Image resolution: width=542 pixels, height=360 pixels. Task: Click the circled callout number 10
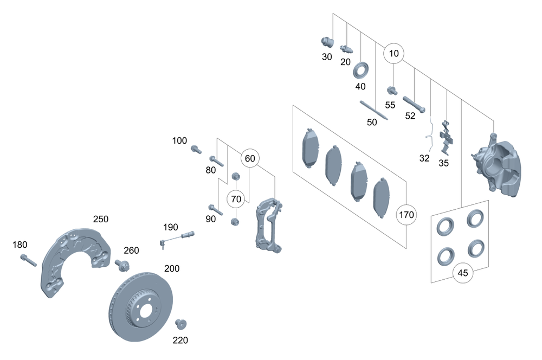click(x=394, y=53)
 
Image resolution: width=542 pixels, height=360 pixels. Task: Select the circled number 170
click(x=406, y=215)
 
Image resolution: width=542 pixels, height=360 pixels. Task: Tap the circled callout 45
click(x=462, y=273)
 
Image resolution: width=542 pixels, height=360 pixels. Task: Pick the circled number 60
click(x=250, y=158)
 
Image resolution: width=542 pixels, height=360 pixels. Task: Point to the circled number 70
click(x=236, y=199)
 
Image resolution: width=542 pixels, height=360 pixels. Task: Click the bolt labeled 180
click(x=28, y=260)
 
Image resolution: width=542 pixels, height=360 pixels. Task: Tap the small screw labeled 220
click(x=180, y=324)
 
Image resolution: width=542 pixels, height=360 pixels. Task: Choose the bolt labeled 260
click(x=121, y=266)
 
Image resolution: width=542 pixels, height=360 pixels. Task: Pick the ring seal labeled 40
click(x=360, y=70)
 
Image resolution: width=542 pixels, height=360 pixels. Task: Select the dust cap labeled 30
click(x=326, y=41)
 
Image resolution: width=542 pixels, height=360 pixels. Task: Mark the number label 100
click(x=179, y=141)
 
